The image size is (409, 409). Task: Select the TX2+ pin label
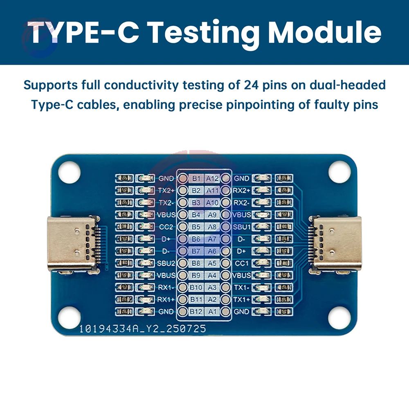pyautogui.click(x=166, y=190)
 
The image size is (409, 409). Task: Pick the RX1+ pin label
pyautogui.click(x=166, y=299)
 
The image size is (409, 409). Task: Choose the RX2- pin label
pyautogui.click(x=241, y=202)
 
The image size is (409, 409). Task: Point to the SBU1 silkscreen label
pyautogui.click(x=242, y=226)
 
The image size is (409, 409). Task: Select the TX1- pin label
pyautogui.click(x=241, y=287)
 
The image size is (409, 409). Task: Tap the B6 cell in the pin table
pyautogui.click(x=196, y=238)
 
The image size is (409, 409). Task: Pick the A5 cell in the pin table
pyautogui.click(x=212, y=263)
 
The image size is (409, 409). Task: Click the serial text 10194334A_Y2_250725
pyautogui.click(x=142, y=329)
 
